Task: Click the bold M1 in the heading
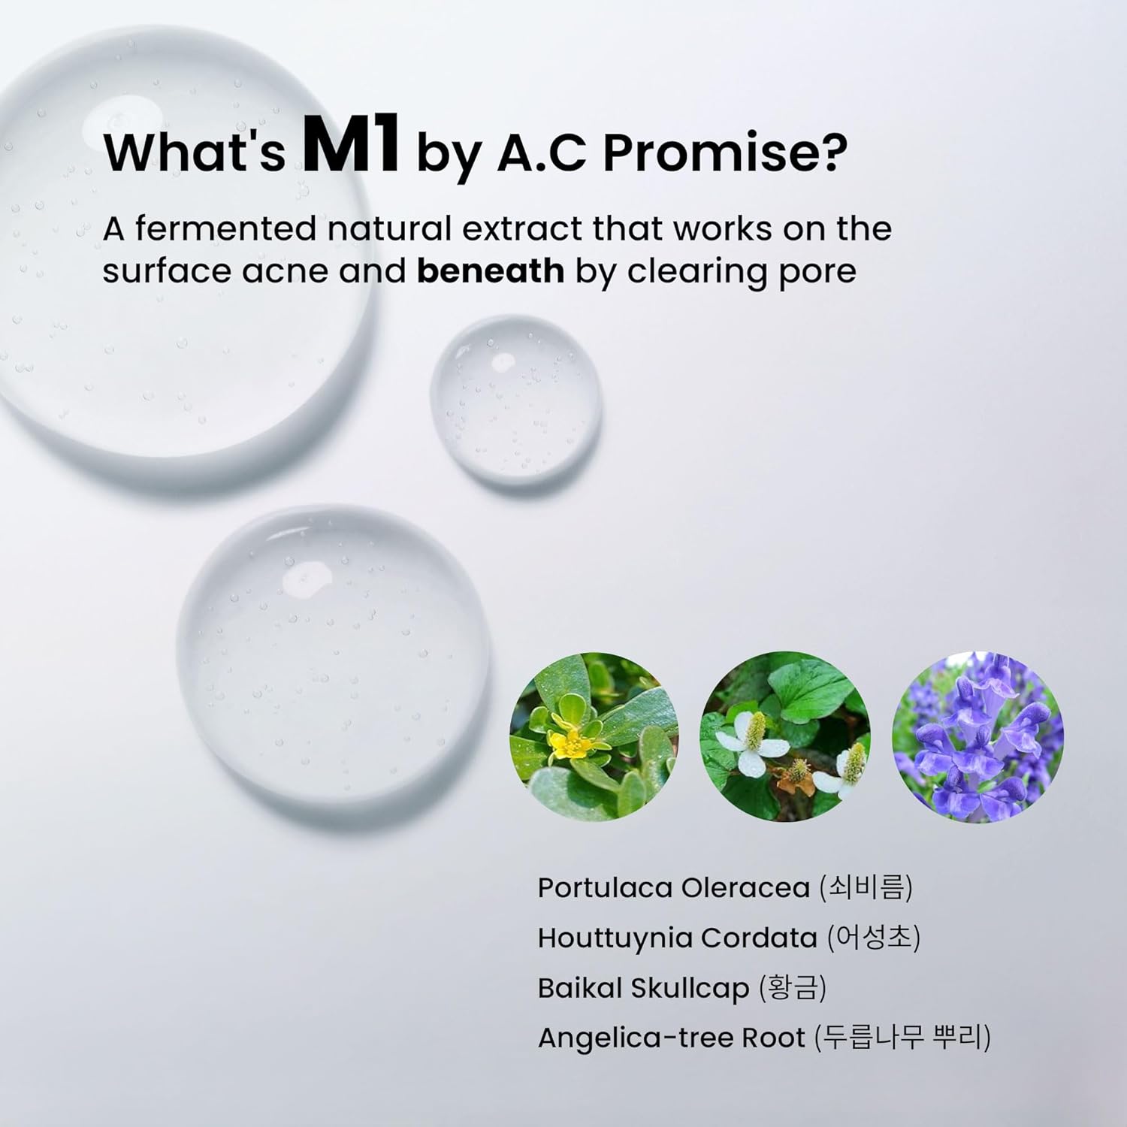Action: click(349, 147)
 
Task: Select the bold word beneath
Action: click(491, 270)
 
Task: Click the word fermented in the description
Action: click(226, 228)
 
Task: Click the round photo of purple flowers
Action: click(978, 736)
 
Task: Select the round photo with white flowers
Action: click(786, 736)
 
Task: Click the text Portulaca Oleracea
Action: click(674, 888)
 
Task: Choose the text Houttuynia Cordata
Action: click(678, 938)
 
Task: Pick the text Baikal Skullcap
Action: click(644, 989)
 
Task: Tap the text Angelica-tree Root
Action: click(672, 1038)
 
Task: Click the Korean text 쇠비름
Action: click(866, 888)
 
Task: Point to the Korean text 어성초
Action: click(873, 938)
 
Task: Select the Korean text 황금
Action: click(793, 988)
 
